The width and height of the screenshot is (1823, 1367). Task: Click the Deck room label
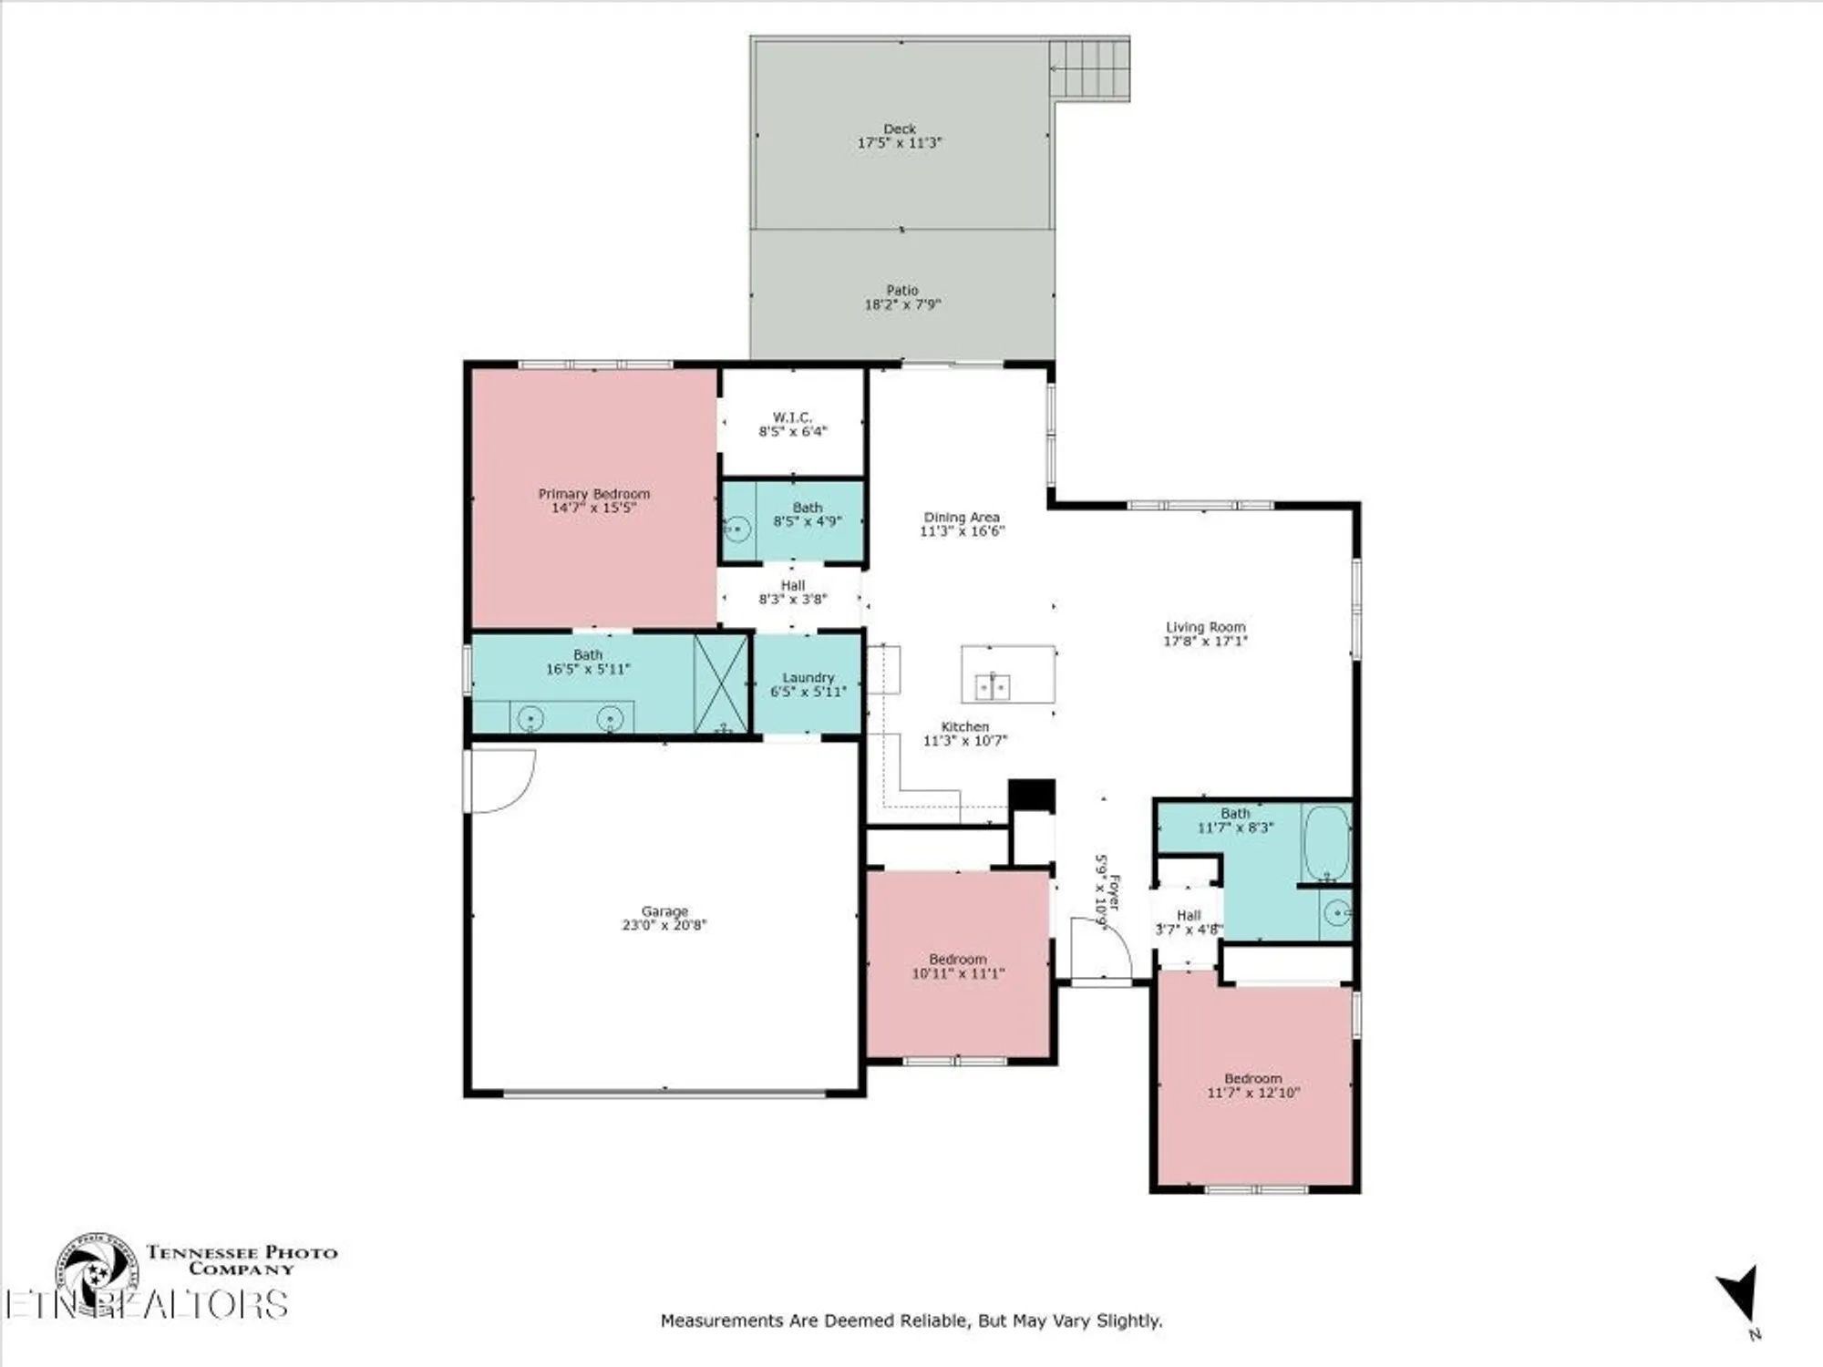pos(900,129)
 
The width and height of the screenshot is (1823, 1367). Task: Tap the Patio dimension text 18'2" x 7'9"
pos(901,304)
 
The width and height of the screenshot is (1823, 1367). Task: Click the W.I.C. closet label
pos(792,417)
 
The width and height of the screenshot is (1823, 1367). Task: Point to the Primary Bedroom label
pos(593,494)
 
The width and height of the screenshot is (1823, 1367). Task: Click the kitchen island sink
pos(993,685)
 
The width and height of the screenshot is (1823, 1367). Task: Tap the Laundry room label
pos(808,678)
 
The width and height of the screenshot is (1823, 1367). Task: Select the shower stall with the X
pos(720,683)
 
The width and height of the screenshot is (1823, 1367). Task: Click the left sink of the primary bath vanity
pos(530,719)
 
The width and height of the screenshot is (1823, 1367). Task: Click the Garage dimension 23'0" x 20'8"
pos(664,925)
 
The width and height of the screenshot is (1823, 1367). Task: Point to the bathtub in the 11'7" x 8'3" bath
pos(1325,842)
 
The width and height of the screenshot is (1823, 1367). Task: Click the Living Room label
pos(1205,627)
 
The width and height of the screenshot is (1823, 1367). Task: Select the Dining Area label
pos(961,517)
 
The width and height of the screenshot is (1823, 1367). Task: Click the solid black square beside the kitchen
pos(1032,794)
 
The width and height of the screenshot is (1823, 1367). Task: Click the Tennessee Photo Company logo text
pos(242,1260)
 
